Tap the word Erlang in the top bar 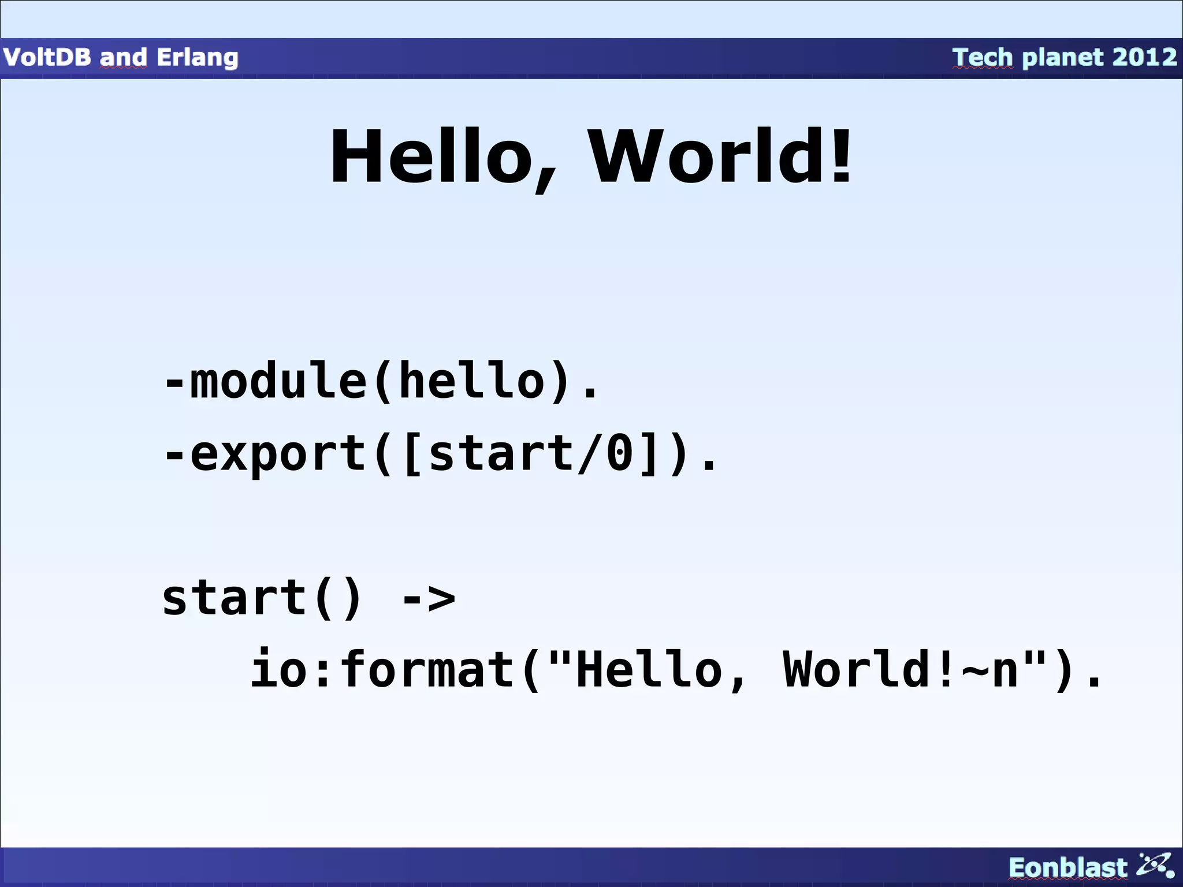[197, 58]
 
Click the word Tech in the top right [983, 57]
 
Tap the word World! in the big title [720, 157]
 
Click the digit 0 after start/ [619, 454]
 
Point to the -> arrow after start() [428, 598]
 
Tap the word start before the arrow [234, 598]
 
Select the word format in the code [428, 670]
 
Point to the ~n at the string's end [989, 670]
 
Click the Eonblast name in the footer [1067, 868]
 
